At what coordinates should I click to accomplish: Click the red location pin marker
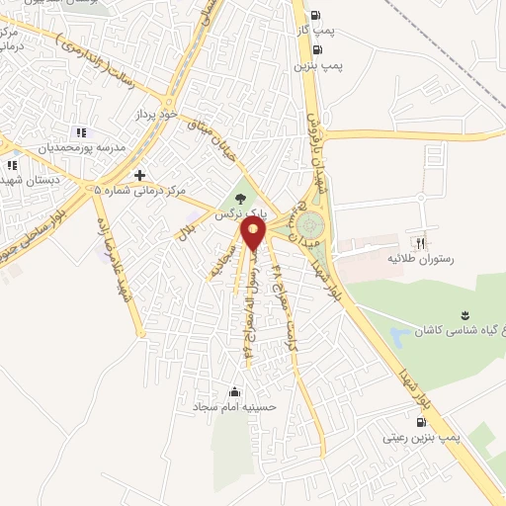click(254, 233)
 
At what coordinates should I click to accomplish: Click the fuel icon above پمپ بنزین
click(315, 49)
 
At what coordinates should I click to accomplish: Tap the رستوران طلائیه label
click(423, 258)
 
